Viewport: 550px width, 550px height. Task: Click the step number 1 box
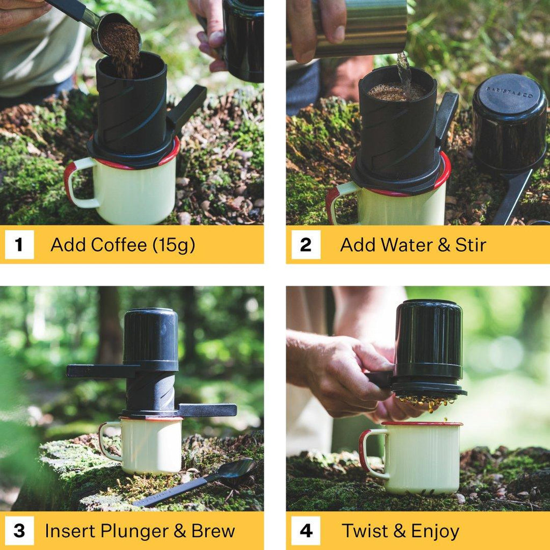[19, 244]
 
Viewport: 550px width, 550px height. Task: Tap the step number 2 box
[306, 244]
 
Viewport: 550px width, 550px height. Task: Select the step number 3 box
[19, 531]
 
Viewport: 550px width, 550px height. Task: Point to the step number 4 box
[306, 531]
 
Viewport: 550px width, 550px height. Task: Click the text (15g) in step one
[173, 245]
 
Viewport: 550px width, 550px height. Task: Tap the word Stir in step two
[471, 244]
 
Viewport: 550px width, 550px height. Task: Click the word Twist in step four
[365, 530]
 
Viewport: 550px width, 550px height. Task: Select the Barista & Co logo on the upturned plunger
[509, 92]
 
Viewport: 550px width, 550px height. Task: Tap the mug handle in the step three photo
[107, 442]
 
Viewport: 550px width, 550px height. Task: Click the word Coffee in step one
[119, 244]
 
